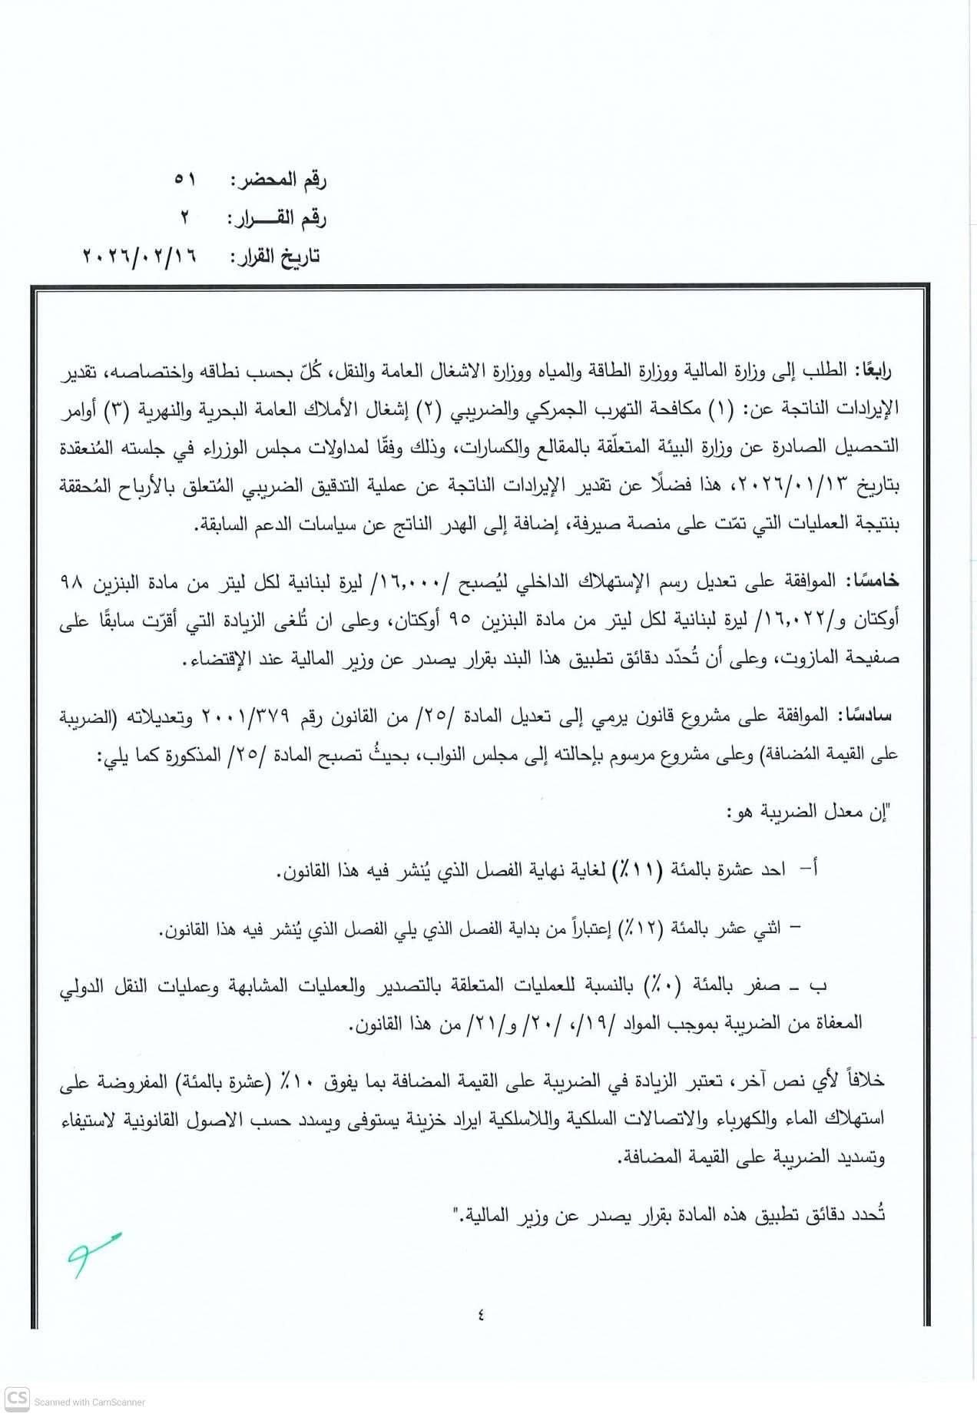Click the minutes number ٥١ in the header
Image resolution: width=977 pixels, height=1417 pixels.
pyautogui.click(x=185, y=180)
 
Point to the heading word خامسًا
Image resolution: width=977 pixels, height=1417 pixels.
pyautogui.click(x=873, y=582)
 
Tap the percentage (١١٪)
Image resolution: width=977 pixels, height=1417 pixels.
pyautogui.click(x=642, y=869)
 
